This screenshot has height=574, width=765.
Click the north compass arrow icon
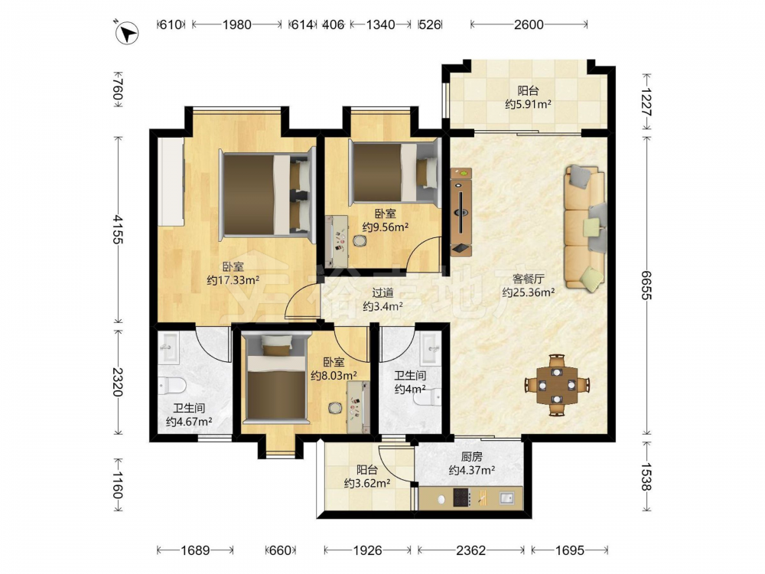[x=126, y=33]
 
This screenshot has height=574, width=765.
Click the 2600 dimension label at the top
[x=529, y=24]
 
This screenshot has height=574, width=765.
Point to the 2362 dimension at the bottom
[x=470, y=550]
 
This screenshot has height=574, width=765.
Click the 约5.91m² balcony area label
[x=529, y=104]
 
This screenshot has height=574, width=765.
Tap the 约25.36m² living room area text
[x=529, y=292]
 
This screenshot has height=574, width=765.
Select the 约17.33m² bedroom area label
[x=233, y=280]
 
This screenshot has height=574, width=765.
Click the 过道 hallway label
[x=382, y=293]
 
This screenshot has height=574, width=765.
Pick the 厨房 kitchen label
[x=472, y=457]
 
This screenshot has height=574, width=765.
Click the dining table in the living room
[x=557, y=385]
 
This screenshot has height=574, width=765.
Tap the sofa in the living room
[x=585, y=228]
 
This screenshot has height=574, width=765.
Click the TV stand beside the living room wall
[x=461, y=212]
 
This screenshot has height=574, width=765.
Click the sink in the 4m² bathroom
[x=430, y=347]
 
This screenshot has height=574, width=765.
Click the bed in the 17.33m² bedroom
[x=266, y=194]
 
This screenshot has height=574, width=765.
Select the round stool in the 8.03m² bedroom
[x=335, y=407]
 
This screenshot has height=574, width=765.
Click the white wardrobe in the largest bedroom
[x=171, y=181]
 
